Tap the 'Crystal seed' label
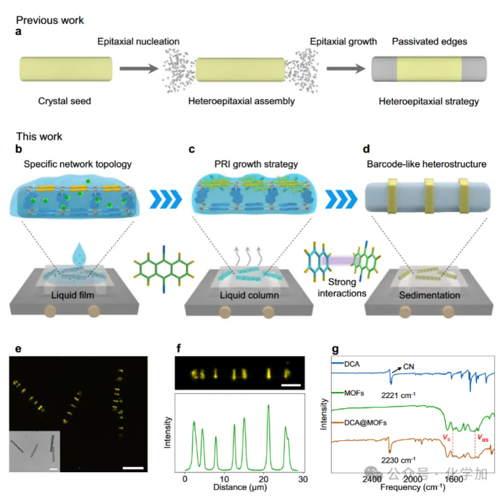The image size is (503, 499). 65,100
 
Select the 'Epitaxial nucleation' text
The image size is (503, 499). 138,41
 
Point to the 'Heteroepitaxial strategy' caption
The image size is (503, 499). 428,100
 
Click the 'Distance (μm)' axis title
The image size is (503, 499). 235,488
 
